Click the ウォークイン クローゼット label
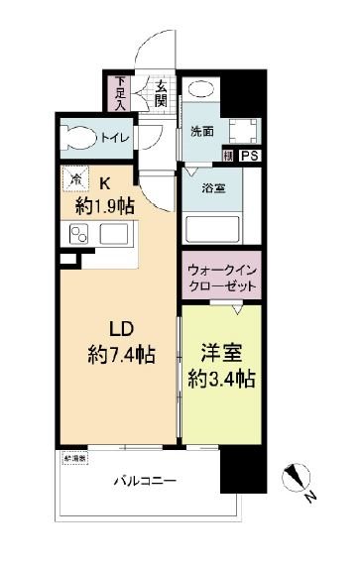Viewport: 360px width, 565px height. tap(221, 277)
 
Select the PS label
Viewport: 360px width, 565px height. tap(248, 156)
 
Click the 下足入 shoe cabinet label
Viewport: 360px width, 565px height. tap(120, 91)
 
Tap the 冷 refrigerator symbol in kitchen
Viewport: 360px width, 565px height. tap(75, 180)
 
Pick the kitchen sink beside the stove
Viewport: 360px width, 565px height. tap(113, 235)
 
